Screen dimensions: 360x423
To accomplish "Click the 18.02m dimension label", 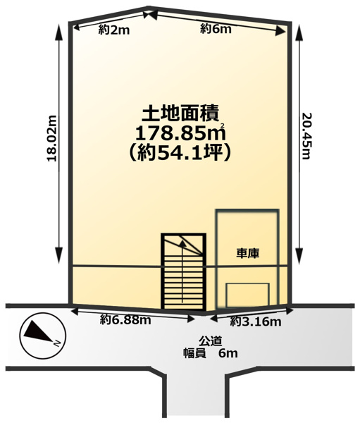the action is coord(51,138).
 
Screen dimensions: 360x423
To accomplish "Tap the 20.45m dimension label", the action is coord(306,135).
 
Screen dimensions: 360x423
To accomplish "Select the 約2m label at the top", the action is coord(114,30).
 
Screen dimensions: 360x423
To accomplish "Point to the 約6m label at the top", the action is coord(216,29).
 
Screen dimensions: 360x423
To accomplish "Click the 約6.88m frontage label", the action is coord(125,320).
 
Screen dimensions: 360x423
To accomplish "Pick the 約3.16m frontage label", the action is coord(256,321).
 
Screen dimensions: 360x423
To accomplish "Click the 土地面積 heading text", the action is coord(180,114).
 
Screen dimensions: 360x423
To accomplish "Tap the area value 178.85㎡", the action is coord(180,133).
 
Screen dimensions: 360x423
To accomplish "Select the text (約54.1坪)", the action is coord(180,153).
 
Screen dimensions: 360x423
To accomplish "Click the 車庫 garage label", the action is coord(248,253).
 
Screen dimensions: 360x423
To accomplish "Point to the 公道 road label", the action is coord(211,341).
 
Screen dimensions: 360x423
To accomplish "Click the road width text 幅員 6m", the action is coord(211,353).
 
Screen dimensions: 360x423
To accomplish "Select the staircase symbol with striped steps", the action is coord(184,271).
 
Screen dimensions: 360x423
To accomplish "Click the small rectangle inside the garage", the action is coord(248,295).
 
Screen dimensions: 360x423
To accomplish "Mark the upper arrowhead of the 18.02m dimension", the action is coord(58,32).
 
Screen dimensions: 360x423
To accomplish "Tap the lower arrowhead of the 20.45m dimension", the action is coord(299,255).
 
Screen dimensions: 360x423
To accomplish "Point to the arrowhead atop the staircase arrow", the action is coord(183,243).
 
